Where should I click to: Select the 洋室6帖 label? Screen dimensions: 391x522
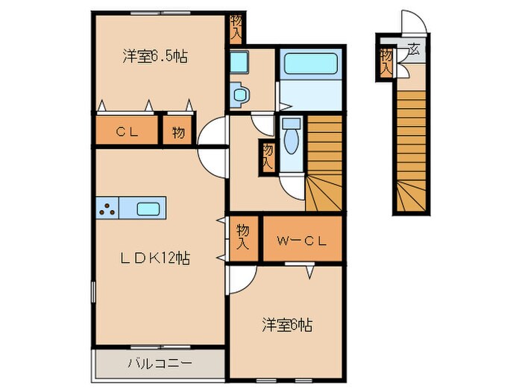coord(286,325)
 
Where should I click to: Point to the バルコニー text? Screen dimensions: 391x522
coord(159,363)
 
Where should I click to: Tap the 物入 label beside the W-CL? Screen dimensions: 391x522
coord(242,237)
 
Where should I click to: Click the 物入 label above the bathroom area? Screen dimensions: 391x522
coord(236,28)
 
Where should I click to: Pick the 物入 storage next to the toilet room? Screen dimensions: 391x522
coord(267,158)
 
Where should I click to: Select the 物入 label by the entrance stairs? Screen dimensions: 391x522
coord(386,59)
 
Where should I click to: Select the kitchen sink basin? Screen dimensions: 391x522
coord(149,209)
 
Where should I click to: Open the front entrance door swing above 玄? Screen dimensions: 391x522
coord(412,22)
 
